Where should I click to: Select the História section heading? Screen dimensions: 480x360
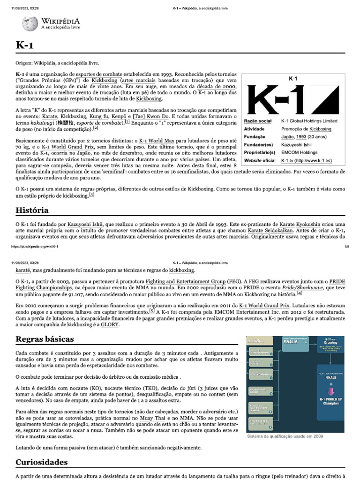tap(32, 210)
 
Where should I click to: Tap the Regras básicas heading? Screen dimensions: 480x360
tap(45, 338)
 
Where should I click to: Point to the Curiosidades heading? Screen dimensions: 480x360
tap(42, 462)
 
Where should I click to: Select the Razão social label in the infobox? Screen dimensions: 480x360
tap(258, 121)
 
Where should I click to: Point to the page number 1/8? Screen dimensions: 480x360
tap(347, 246)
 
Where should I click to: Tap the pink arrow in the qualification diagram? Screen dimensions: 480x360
tap(331, 391)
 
